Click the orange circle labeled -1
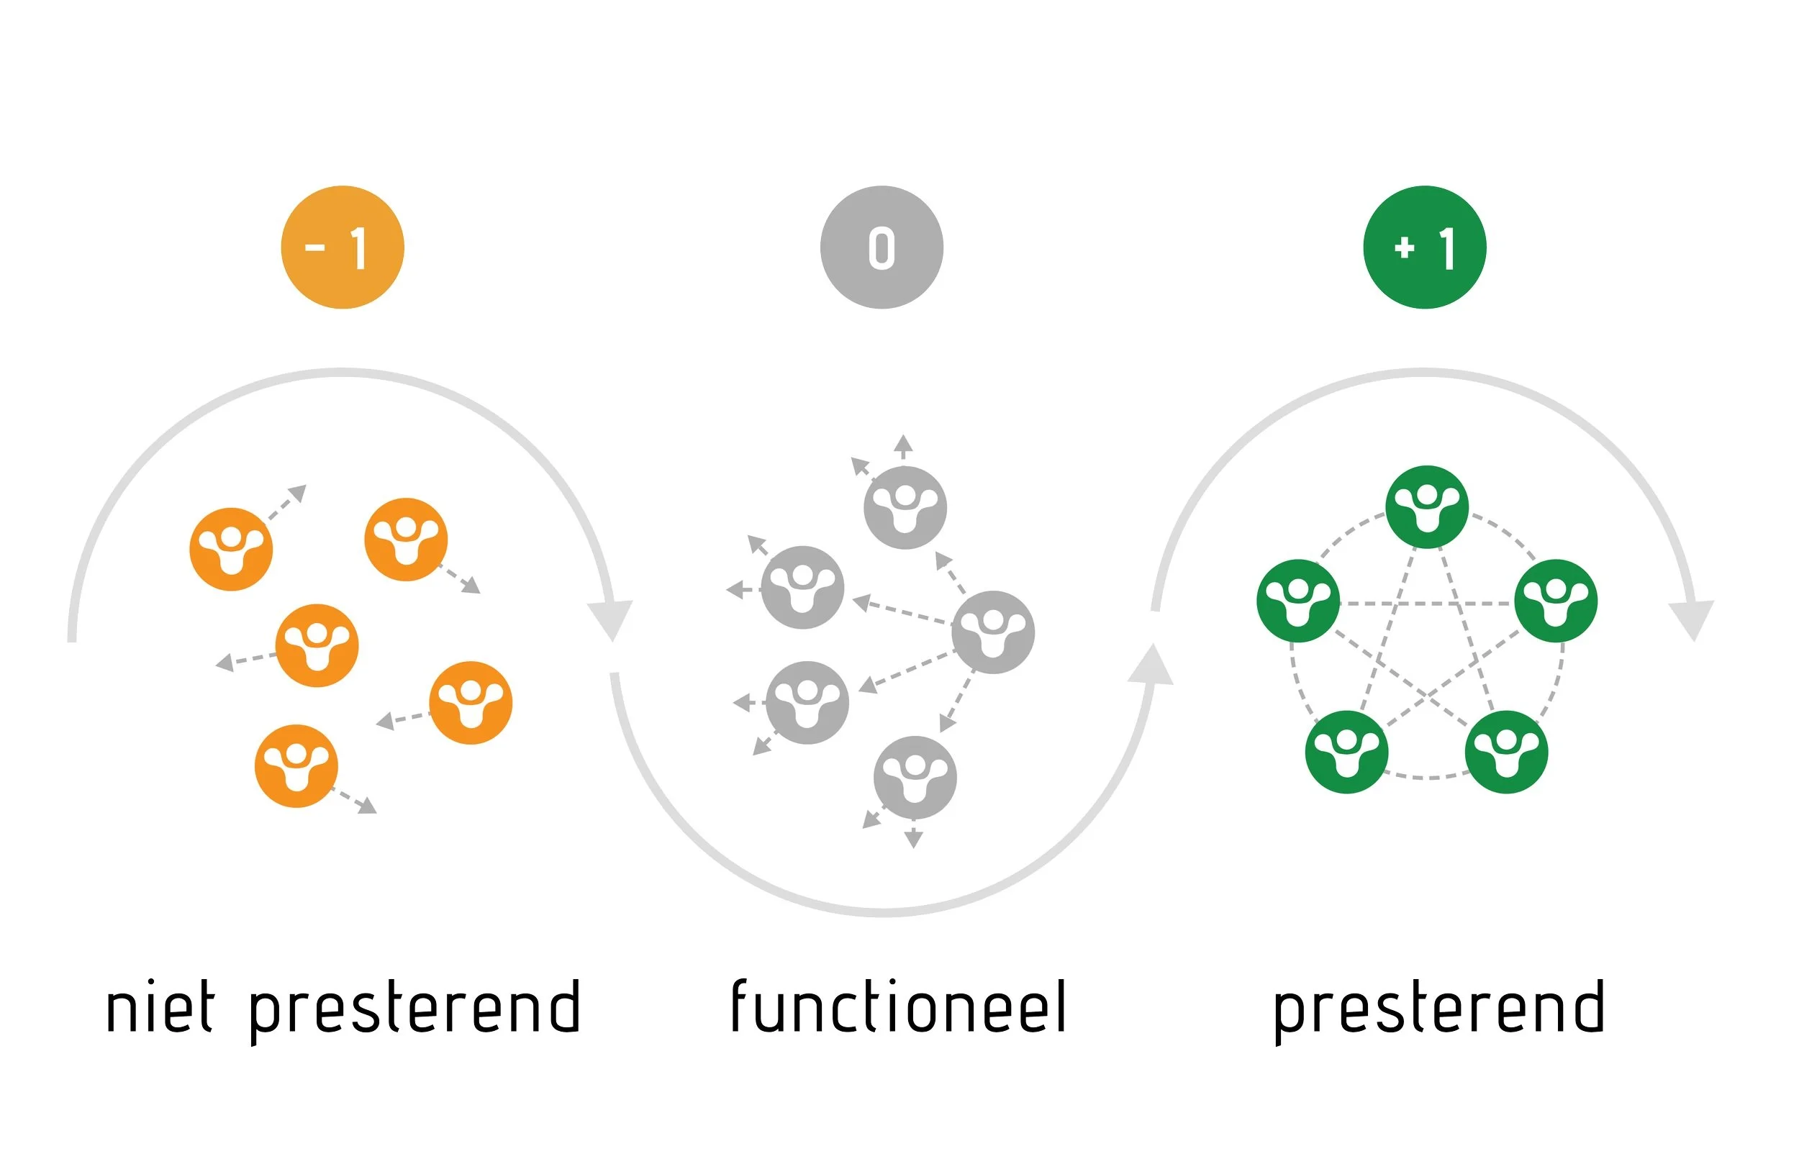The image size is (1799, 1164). point(343,247)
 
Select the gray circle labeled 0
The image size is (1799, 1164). point(882,247)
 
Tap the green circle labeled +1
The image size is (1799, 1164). point(1424,247)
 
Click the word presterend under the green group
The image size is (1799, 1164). point(1439,1009)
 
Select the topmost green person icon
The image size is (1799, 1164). point(1426,506)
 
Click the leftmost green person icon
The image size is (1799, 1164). point(1298,601)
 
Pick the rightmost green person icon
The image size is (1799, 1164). point(1556,601)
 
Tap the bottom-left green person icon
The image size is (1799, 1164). point(1346,752)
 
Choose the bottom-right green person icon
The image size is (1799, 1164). point(1506,752)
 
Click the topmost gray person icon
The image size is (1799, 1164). point(905,507)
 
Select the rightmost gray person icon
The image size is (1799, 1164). point(992,632)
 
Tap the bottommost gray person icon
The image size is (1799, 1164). point(915,777)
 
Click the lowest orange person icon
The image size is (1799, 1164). point(296,765)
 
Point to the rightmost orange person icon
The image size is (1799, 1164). point(470,703)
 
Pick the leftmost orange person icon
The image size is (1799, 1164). point(230,549)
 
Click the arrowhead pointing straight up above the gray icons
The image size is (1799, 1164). point(902,443)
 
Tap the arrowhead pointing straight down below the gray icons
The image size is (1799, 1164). point(913,838)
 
